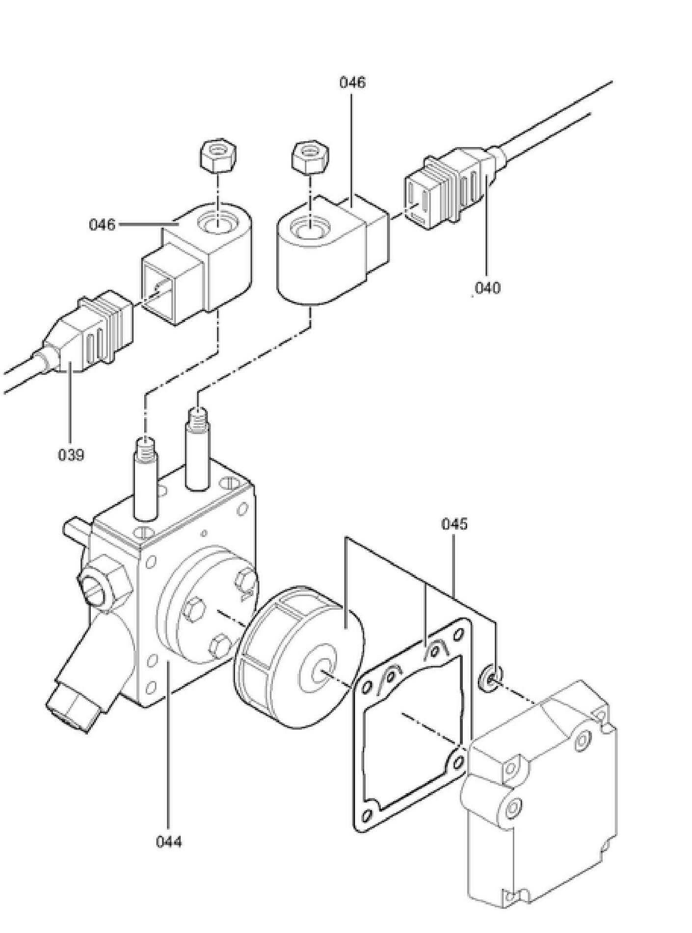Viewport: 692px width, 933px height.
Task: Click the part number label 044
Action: (x=169, y=842)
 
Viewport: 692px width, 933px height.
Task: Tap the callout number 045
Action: (x=454, y=524)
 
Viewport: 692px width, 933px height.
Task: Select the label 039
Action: (x=71, y=455)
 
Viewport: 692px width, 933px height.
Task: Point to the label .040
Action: (x=486, y=287)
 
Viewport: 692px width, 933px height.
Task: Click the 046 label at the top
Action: (x=352, y=82)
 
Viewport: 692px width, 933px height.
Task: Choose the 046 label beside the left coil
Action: (x=102, y=225)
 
